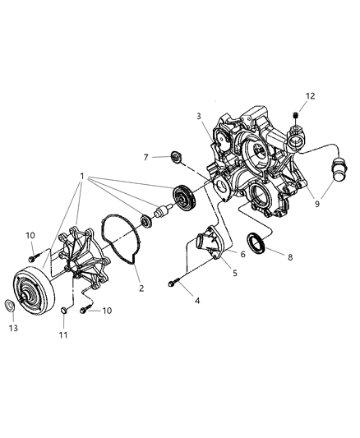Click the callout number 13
pyautogui.click(x=12, y=326)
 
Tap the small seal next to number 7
pyautogui.click(x=175, y=156)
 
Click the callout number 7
pyautogui.click(x=146, y=156)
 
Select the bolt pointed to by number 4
pyautogui.click(x=174, y=283)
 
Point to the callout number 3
pyautogui.click(x=198, y=116)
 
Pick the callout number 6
pyautogui.click(x=242, y=255)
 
